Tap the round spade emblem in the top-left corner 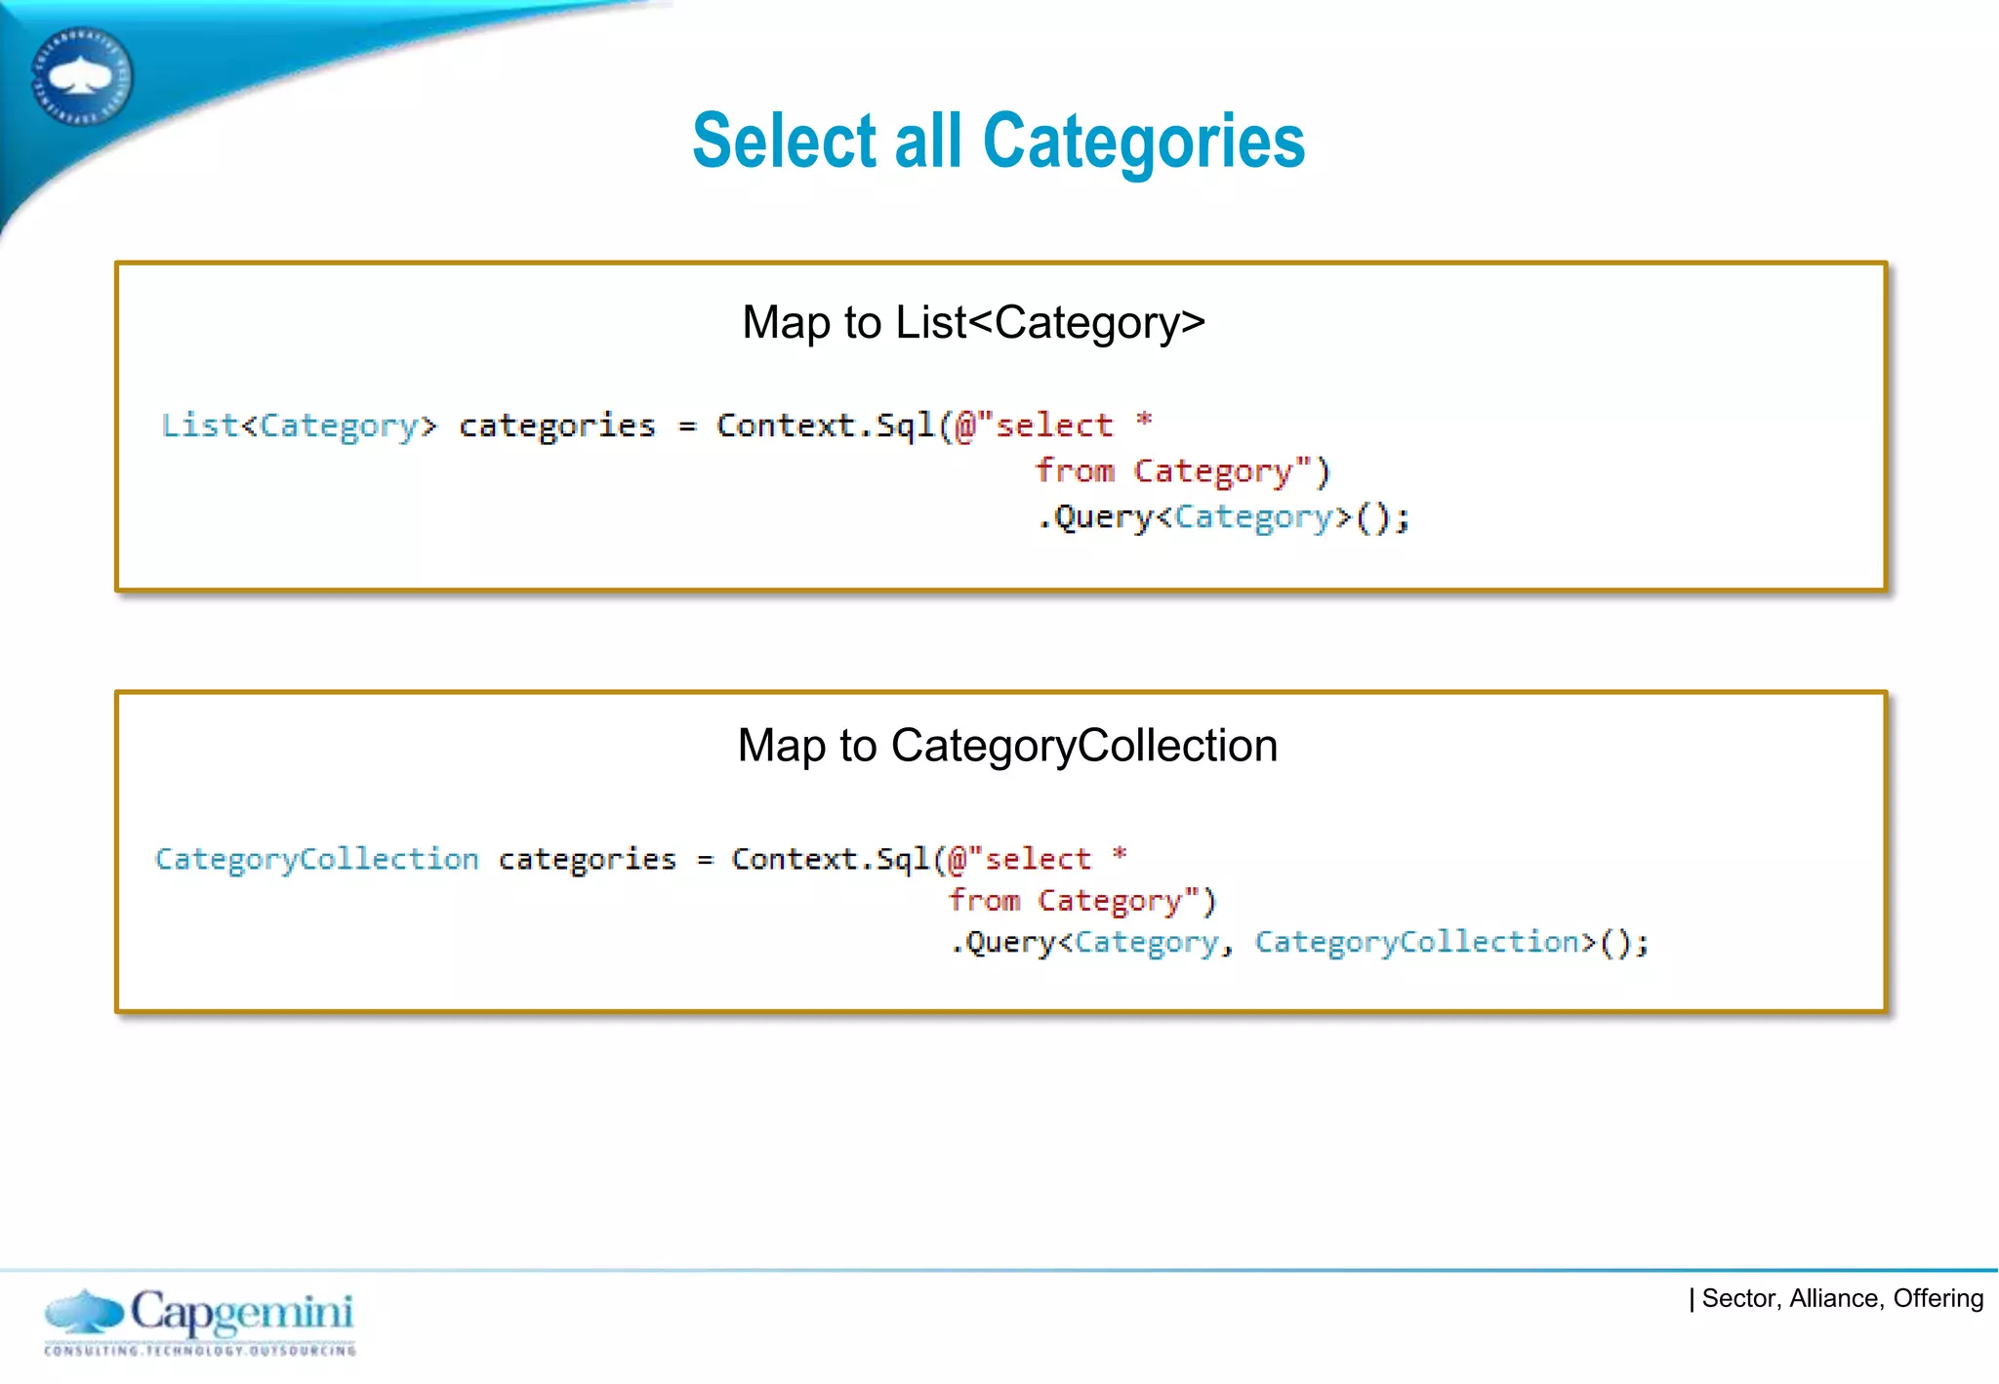point(81,76)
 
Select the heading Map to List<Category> point(973,322)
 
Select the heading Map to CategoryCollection point(1006,746)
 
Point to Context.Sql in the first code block point(824,426)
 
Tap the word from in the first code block point(1074,470)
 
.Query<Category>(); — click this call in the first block point(1222,516)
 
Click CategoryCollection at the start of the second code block point(316,859)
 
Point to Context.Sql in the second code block point(830,859)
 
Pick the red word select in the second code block point(1037,859)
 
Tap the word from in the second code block point(984,900)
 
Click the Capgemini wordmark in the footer point(241,1311)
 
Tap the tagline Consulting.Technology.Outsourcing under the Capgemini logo point(200,1351)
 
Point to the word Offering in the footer point(1938,1298)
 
